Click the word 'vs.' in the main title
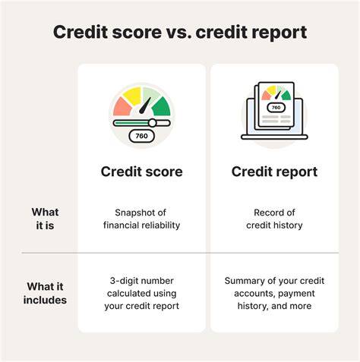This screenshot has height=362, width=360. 178,32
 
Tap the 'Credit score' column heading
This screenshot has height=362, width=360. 141,172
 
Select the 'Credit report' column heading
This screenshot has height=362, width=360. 274,172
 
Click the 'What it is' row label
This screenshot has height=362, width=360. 45,219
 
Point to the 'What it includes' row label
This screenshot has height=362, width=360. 45,293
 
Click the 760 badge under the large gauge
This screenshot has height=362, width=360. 141,136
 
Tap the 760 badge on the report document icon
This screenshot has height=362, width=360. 276,108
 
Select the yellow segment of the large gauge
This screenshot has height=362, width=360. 132,96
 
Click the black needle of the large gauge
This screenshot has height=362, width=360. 145,105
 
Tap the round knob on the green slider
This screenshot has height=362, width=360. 153,123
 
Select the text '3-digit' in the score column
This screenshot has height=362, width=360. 123,281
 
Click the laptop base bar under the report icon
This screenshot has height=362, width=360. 274,137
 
